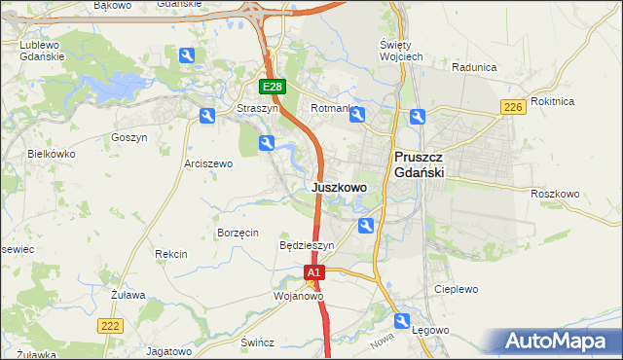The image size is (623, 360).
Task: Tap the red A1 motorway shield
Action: pos(312,275)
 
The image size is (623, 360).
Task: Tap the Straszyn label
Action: pos(258,109)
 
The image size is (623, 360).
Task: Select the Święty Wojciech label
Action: pos(399,52)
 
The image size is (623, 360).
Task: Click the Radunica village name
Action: pos(475,67)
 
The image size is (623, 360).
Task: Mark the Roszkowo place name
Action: pos(555,194)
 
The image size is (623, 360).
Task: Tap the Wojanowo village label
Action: pos(298,295)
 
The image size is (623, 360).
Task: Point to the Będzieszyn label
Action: pos(307,246)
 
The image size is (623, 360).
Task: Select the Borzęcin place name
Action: pos(238,233)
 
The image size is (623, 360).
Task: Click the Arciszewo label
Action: pos(208,163)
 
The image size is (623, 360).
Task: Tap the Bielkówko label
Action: pos(52,154)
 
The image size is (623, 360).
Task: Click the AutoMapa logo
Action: pos(559,342)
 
